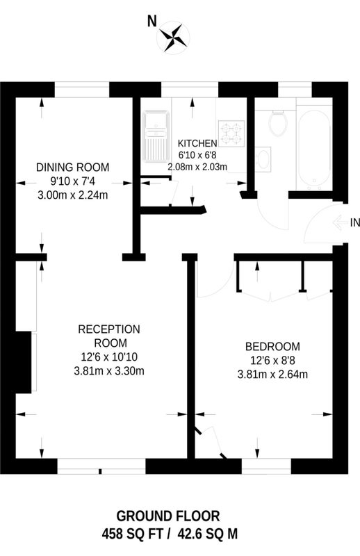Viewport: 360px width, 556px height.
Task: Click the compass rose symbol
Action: click(174, 36)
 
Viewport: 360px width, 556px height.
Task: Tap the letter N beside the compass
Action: click(152, 22)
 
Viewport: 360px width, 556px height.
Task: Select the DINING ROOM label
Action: click(73, 167)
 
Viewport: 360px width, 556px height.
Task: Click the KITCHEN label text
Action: click(197, 144)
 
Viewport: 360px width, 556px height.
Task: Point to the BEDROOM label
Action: click(272, 346)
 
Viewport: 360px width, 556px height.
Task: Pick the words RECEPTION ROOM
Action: click(109, 336)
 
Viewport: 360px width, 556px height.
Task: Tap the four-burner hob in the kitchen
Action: click(231, 134)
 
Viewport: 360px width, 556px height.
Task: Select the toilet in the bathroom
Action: click(278, 124)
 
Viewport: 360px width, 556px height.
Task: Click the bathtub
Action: click(314, 148)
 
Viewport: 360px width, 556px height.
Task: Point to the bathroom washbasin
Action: click(263, 159)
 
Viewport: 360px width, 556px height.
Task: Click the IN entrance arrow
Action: click(341, 222)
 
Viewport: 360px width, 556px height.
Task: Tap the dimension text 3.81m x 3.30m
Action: click(109, 371)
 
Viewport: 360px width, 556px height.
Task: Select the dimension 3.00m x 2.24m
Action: click(73, 195)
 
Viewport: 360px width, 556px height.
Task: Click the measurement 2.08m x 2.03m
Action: click(197, 167)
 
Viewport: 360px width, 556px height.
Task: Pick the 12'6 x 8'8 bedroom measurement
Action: click(272, 361)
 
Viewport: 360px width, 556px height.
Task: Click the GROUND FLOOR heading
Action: click(167, 516)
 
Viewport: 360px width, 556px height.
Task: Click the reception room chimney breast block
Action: click(24, 361)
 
